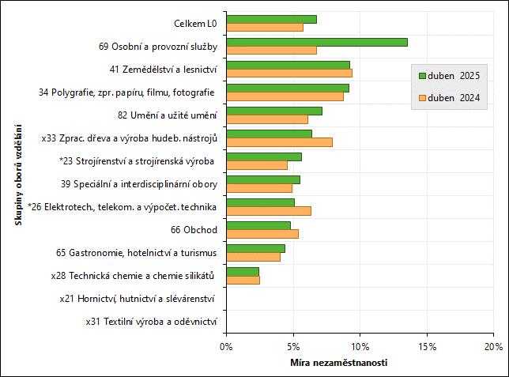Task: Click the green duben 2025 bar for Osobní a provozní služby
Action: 316,42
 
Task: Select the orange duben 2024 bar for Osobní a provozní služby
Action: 271,51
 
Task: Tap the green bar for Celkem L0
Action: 271,19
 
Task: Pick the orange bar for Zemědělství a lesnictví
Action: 288,74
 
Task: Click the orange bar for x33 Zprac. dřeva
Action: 279,142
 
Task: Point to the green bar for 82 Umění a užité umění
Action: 273,111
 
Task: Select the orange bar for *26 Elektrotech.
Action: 268,211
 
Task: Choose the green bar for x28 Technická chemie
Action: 242,272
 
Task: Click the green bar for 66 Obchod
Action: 258,225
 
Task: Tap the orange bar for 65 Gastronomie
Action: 253,257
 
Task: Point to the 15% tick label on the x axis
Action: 427,346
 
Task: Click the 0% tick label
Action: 226,346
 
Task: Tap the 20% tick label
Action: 493,346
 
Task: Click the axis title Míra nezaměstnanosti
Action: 338,363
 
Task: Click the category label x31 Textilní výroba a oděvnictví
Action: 151,322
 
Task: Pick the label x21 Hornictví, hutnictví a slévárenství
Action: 138,299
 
